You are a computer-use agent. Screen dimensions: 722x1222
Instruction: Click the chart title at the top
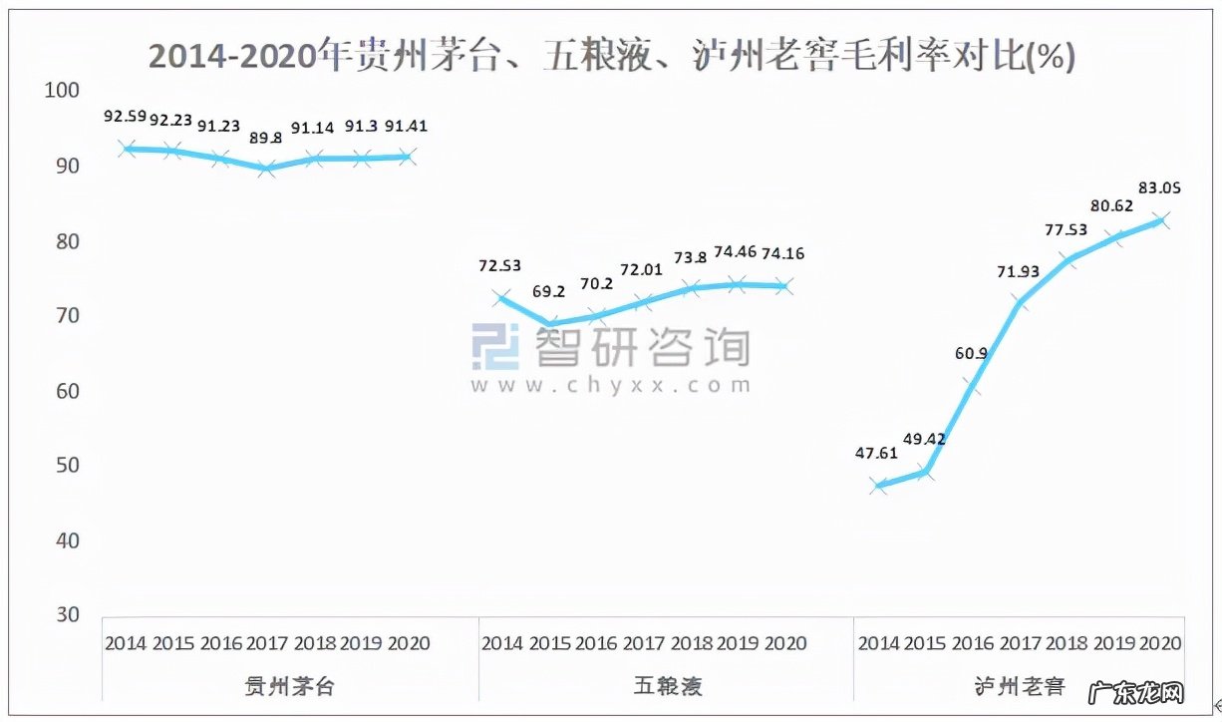pos(611,56)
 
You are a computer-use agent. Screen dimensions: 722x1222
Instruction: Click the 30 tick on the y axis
pos(66,615)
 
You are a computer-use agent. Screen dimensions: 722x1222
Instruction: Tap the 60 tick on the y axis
pos(66,391)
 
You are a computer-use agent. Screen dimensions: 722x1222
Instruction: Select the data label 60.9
pos(972,353)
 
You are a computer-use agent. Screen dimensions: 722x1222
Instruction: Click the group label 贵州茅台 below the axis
pos(291,686)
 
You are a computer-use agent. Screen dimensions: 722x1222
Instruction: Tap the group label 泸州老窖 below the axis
pos(1019,686)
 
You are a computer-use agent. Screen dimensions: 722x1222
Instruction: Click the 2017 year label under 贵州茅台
pos(267,643)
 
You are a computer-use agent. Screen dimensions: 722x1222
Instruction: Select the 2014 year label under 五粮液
pos(502,643)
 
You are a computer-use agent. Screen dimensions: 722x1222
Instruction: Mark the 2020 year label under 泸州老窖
pos(1160,643)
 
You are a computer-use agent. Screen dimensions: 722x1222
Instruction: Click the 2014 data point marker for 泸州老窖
pos(878,486)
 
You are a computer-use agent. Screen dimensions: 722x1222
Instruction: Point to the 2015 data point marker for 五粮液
pos(549,324)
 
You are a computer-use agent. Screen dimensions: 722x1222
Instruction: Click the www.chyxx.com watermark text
pos(611,385)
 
